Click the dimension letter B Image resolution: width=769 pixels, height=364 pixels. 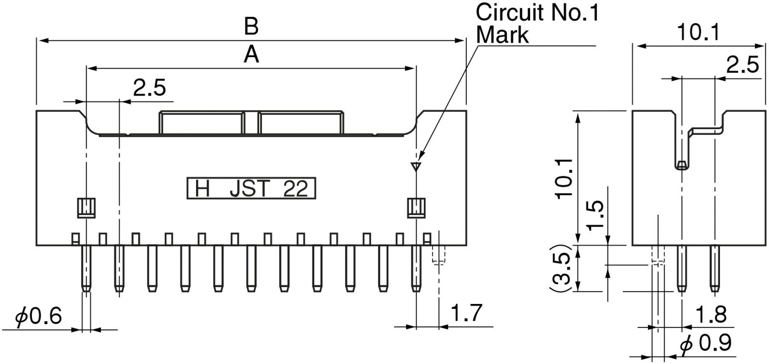click(x=251, y=27)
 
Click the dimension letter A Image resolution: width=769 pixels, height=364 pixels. click(x=251, y=55)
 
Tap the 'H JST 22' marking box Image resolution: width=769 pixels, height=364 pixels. click(x=251, y=189)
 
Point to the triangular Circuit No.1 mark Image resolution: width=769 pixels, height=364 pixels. click(x=416, y=167)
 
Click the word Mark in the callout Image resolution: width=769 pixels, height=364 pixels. click(x=502, y=35)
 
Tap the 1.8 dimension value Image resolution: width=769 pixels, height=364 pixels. click(x=710, y=315)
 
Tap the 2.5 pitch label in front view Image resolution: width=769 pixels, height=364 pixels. click(x=149, y=88)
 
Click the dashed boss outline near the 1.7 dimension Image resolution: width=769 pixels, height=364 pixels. click(x=438, y=255)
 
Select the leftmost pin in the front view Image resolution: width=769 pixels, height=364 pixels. click(x=86, y=268)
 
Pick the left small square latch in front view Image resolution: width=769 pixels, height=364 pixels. click(x=86, y=207)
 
